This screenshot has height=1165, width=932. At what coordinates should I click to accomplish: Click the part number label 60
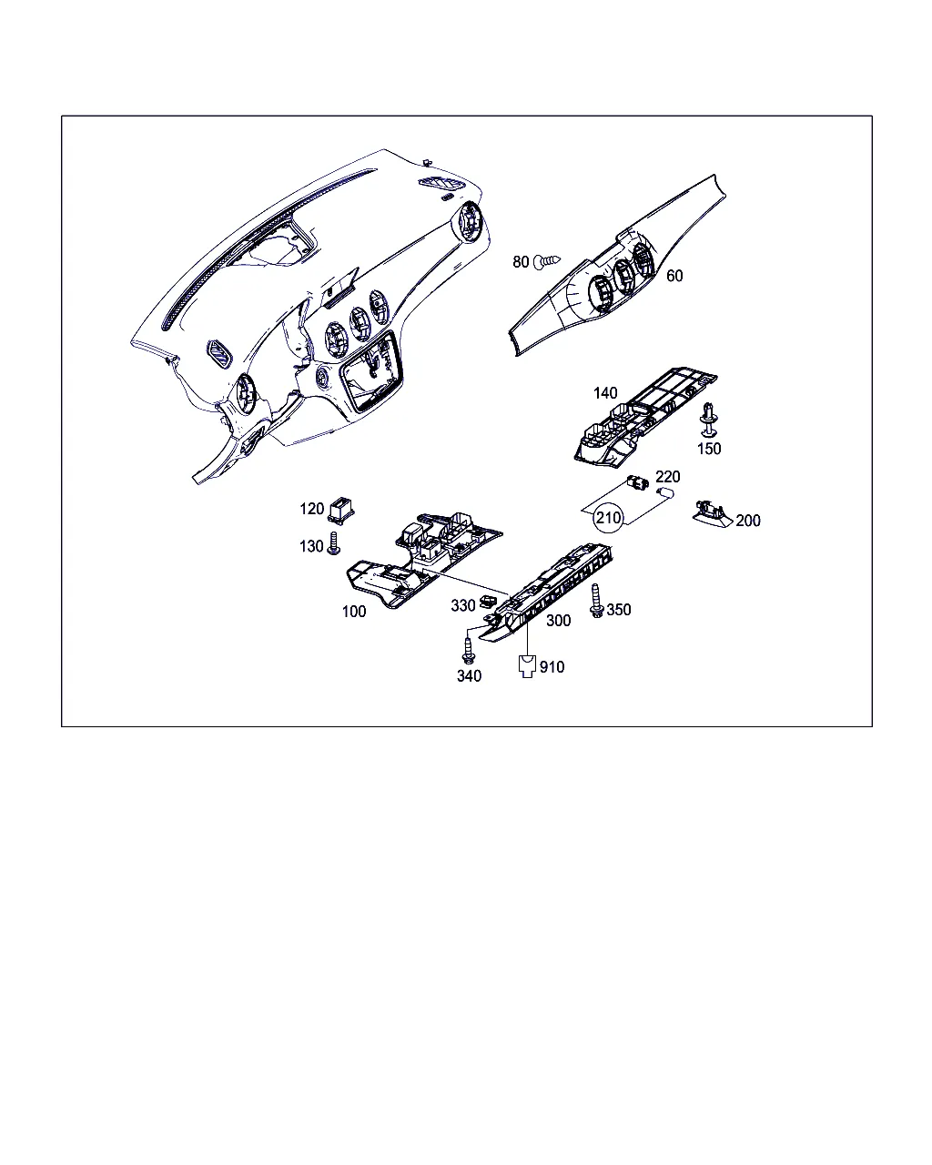pyautogui.click(x=674, y=276)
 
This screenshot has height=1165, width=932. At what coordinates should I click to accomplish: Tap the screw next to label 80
pyautogui.click(x=547, y=262)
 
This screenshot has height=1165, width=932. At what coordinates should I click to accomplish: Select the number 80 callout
pyautogui.click(x=521, y=262)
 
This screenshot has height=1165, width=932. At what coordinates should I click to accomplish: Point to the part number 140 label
pyautogui.click(x=605, y=393)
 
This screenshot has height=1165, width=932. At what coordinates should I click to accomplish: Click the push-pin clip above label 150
pyautogui.click(x=709, y=420)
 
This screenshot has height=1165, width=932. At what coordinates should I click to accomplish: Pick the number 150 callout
pyautogui.click(x=709, y=449)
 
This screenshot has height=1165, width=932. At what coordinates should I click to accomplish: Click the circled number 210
pyautogui.click(x=608, y=518)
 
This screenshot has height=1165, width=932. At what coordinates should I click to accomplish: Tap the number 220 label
pyautogui.click(x=668, y=477)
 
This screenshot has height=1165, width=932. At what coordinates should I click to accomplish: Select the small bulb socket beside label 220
pyautogui.click(x=637, y=481)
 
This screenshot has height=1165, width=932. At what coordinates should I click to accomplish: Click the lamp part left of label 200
pyautogui.click(x=712, y=513)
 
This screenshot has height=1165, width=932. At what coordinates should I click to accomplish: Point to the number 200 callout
pyautogui.click(x=748, y=521)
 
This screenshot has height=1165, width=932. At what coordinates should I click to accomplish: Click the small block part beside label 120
pyautogui.click(x=340, y=511)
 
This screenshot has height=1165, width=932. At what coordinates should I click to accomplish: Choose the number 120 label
pyautogui.click(x=311, y=509)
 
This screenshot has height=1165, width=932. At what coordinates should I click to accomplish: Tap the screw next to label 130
pyautogui.click(x=334, y=543)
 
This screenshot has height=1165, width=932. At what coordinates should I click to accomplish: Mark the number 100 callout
pyautogui.click(x=354, y=612)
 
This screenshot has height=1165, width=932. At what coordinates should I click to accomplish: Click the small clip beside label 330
pyautogui.click(x=489, y=601)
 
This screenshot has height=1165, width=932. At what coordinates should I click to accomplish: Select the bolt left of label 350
pyautogui.click(x=596, y=601)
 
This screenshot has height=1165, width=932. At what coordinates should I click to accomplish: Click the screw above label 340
pyautogui.click(x=468, y=651)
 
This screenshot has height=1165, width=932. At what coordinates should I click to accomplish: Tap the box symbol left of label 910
pyautogui.click(x=527, y=666)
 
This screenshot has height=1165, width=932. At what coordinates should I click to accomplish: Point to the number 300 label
pyautogui.click(x=558, y=621)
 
